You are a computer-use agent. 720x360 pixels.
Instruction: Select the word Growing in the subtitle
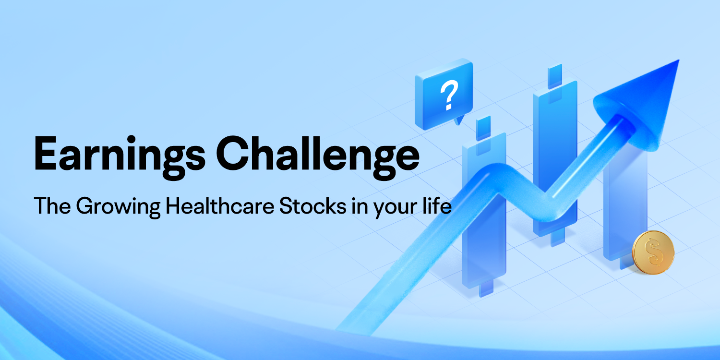(x=118, y=207)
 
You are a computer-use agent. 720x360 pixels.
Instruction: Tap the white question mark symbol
(x=449, y=96)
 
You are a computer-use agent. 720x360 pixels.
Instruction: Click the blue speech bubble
(x=444, y=94)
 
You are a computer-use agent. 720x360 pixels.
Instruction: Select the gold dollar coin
(x=653, y=252)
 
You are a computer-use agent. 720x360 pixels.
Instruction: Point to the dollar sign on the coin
(x=653, y=252)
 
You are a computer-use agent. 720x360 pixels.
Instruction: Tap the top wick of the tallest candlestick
(x=555, y=76)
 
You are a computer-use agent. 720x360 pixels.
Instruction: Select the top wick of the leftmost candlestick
(x=483, y=128)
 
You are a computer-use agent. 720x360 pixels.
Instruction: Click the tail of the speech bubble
(x=459, y=120)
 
